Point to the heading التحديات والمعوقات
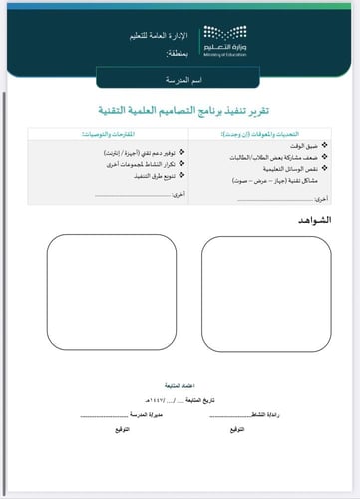[260, 134]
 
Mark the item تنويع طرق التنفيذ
[125, 175]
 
